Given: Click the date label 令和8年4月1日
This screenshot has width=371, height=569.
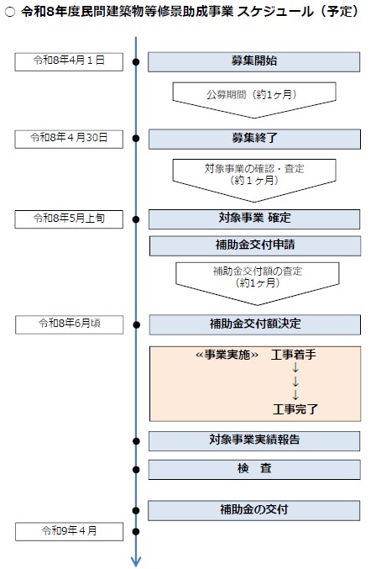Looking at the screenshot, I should click(70, 61).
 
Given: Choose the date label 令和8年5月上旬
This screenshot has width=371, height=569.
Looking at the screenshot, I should click(70, 219).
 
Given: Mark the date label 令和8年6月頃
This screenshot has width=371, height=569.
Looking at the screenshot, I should click(70, 323).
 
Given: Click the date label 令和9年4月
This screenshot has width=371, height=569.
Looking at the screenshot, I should click(70, 530).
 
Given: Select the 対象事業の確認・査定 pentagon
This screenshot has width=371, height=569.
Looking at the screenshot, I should click(253, 175).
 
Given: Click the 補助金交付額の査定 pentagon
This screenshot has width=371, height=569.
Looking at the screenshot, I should click(253, 280).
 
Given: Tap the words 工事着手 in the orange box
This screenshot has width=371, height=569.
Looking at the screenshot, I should click(294, 356).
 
